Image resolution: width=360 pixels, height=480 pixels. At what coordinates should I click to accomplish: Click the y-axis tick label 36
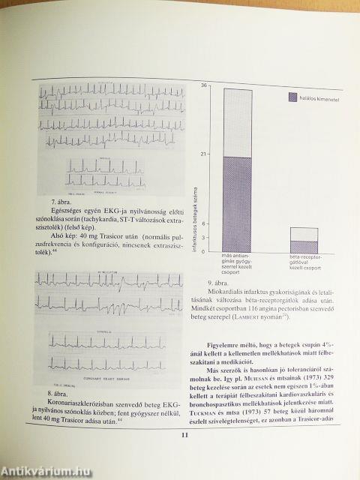point(204,87)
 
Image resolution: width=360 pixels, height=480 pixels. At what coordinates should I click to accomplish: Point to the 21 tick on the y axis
point(204,155)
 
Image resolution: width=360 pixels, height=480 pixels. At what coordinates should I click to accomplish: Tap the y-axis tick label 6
point(205,224)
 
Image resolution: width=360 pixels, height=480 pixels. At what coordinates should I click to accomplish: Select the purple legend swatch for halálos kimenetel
point(292,97)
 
